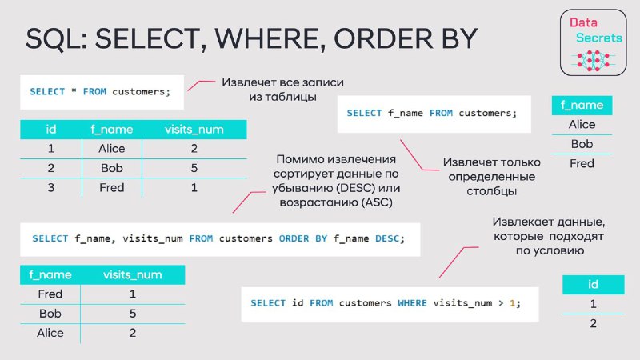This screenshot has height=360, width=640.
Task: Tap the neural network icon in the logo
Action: (593, 61)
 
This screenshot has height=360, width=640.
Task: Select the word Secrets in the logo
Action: (598, 38)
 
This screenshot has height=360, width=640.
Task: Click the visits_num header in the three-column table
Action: (194, 130)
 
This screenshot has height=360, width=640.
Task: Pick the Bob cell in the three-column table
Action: (111, 168)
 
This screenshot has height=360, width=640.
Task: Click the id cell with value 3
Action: (50, 188)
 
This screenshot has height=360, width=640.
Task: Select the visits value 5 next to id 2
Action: (194, 168)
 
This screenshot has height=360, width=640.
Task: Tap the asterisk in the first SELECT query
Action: (74, 91)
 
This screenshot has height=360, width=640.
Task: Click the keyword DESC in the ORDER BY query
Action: (387, 238)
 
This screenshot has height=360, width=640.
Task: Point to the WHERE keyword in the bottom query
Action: (412, 303)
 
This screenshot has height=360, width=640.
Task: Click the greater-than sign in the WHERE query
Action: (501, 303)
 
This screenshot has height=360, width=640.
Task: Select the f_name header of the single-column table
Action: (582, 106)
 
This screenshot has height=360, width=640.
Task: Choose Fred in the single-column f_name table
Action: (582, 163)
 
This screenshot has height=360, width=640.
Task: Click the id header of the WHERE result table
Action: (593, 284)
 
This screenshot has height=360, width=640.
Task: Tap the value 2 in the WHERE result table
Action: (593, 323)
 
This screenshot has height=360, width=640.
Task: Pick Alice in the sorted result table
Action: (50, 333)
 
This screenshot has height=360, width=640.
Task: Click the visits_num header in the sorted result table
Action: (132, 274)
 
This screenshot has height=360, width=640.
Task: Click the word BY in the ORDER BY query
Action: (322, 238)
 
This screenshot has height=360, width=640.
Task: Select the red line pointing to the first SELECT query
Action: (201, 84)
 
